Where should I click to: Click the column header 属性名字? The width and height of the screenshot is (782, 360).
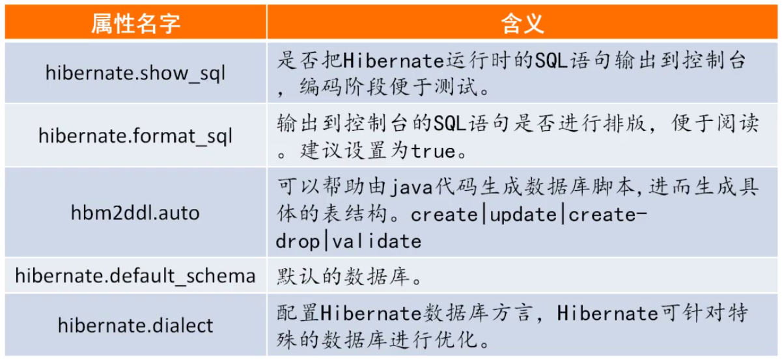135,23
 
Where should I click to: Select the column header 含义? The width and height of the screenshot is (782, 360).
522,23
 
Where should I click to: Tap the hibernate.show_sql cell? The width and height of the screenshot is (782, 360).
135,74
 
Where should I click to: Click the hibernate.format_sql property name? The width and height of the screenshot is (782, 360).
135,136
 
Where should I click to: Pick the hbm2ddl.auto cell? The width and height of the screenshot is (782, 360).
135,213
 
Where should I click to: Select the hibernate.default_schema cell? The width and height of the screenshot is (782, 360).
135,276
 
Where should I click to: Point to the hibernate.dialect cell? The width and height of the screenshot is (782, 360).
135,325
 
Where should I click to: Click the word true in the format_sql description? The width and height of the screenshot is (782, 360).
433,152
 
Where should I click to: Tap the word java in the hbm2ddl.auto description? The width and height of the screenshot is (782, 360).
412,188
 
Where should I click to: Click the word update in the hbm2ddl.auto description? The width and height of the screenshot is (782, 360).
523,215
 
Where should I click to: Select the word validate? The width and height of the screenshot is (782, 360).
377,242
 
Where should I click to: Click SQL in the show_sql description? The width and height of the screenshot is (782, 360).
552,61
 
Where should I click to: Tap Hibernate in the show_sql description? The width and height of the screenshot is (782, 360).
393,61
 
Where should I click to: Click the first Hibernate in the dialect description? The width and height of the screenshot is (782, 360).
371,313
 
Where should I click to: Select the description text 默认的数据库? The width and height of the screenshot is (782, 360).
343,277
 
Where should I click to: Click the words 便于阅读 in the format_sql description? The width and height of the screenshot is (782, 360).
716,123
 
